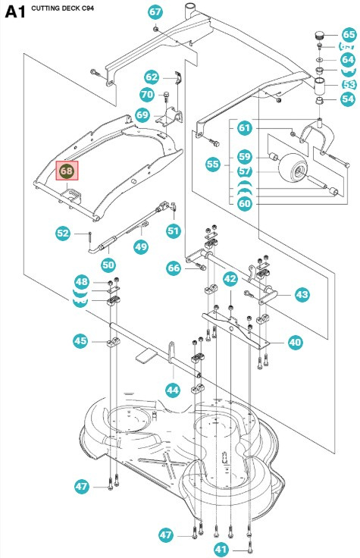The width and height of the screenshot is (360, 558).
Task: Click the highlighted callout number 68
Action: tap(67, 171)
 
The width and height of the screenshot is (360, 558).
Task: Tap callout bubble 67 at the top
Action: tap(155, 12)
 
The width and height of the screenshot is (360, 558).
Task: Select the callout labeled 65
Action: tap(348, 35)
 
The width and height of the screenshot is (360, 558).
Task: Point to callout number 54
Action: tap(348, 99)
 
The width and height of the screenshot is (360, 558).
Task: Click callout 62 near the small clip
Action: tap(152, 77)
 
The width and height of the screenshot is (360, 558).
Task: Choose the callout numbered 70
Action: tap(147, 95)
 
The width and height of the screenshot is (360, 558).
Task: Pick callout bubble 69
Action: tap(142, 114)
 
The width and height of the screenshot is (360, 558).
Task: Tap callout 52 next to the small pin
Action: tap(64, 233)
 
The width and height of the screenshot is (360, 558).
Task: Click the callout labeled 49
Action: tap(141, 246)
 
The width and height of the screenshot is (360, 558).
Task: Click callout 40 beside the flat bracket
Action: tap(295, 343)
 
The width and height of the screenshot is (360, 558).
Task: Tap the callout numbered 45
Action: tap(80, 342)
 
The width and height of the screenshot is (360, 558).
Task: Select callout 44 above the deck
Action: tap(173, 390)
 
